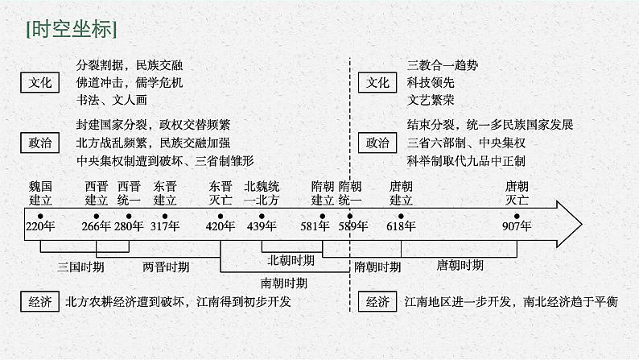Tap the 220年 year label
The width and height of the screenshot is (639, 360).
click(x=39, y=226)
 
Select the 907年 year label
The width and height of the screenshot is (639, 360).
click(x=516, y=226)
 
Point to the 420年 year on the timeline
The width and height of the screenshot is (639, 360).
click(x=220, y=226)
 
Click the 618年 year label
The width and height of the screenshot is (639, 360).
click(x=401, y=226)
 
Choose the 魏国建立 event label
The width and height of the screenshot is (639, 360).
click(x=39, y=192)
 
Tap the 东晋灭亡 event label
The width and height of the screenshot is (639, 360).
click(x=220, y=192)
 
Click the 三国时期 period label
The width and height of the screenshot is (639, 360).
click(x=80, y=265)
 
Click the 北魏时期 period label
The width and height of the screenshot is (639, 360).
click(x=291, y=261)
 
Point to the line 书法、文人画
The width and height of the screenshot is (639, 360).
click(x=109, y=101)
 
